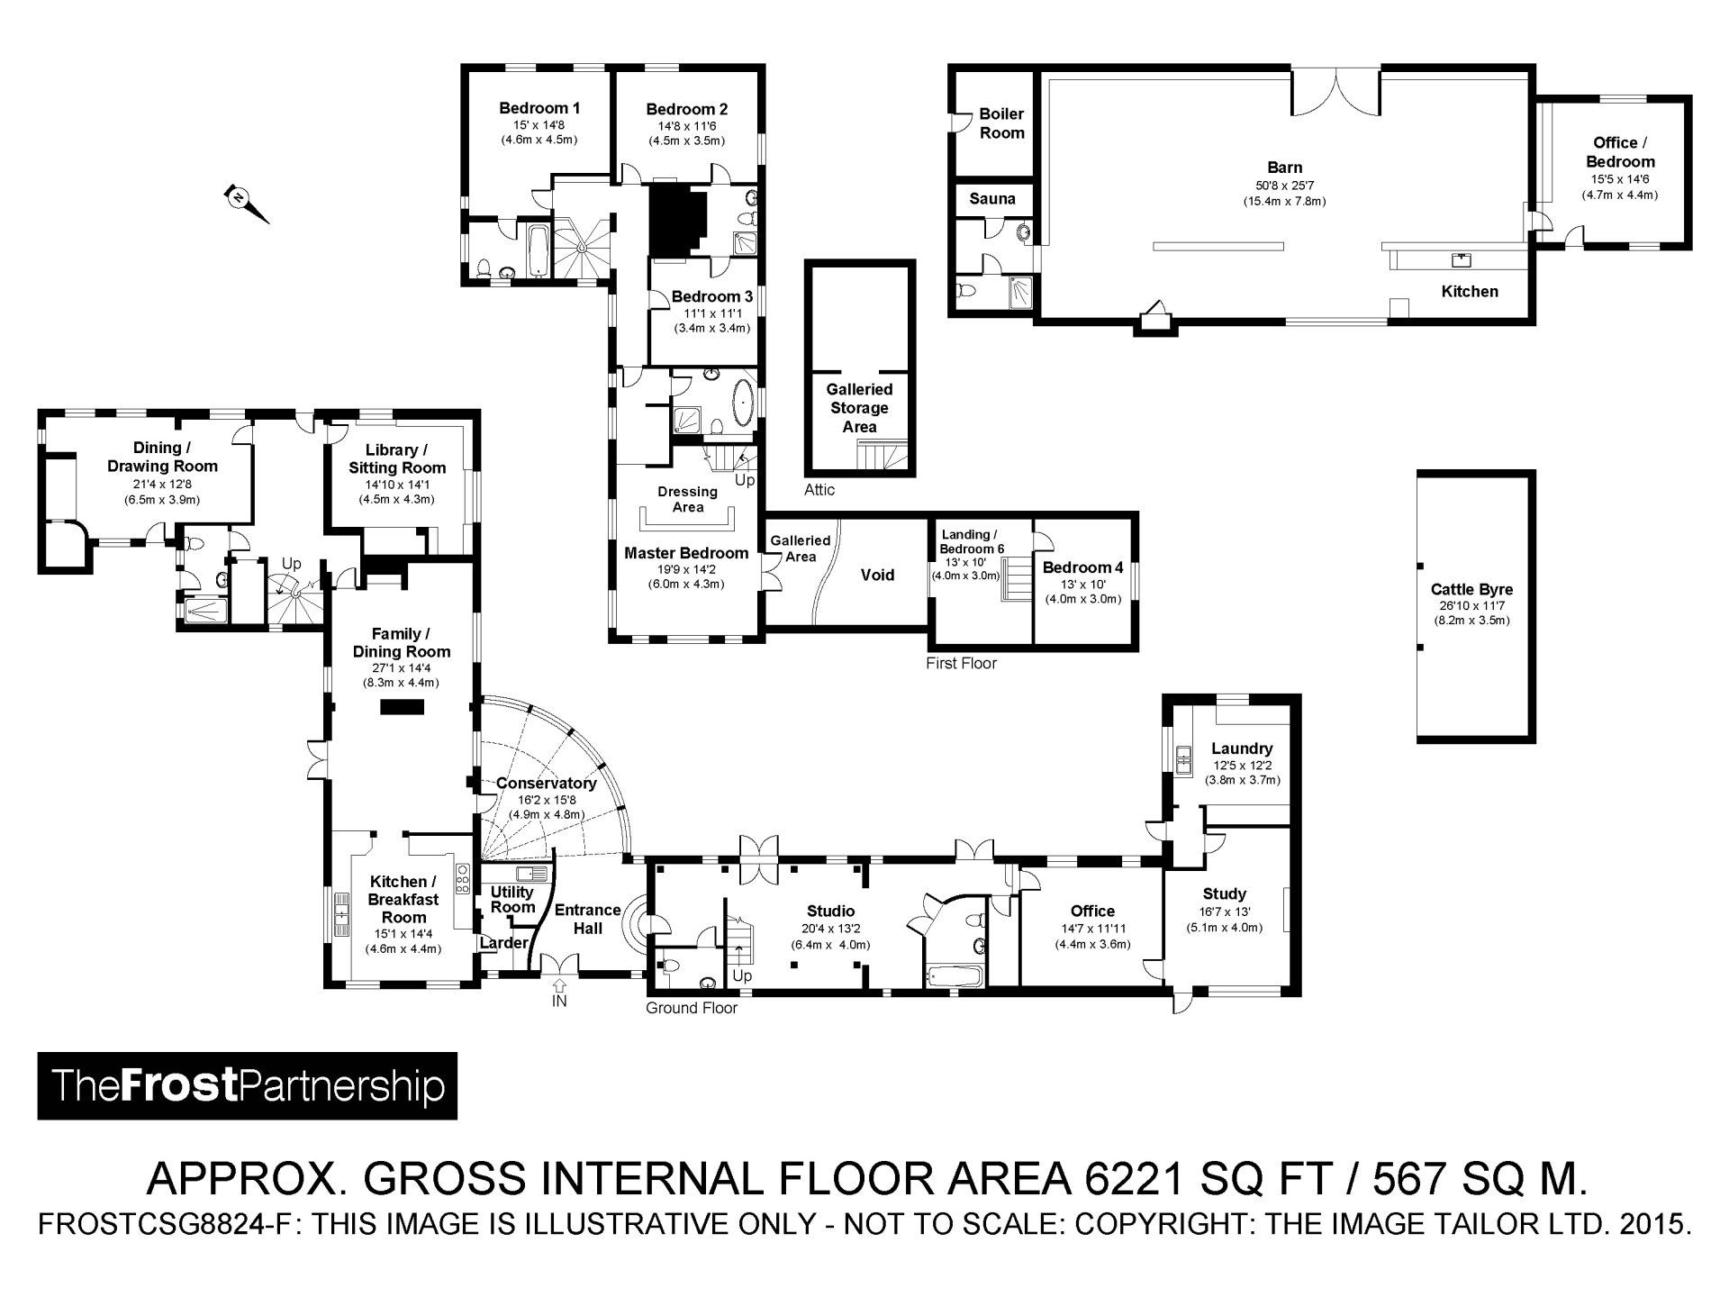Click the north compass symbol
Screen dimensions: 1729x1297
click(x=246, y=204)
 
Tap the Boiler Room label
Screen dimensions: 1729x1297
click(x=1001, y=123)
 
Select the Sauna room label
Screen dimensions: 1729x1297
click(x=992, y=199)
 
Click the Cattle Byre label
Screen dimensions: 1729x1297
click(x=1471, y=590)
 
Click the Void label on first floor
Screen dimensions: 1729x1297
click(x=877, y=575)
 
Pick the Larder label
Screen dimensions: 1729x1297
click(x=503, y=943)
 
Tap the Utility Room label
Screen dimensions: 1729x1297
click(x=512, y=899)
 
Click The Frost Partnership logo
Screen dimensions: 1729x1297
click(x=247, y=1085)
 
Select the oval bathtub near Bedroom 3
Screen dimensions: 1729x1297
click(x=745, y=404)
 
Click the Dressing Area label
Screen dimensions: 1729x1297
click(x=688, y=499)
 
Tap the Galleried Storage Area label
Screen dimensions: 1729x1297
click(x=859, y=408)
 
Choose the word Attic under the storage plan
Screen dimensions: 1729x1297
click(x=819, y=490)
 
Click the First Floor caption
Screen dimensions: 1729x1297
click(x=961, y=664)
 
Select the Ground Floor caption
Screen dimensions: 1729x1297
click(x=691, y=1008)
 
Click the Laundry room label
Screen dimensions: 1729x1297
click(x=1242, y=748)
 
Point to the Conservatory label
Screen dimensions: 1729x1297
click(x=547, y=784)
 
